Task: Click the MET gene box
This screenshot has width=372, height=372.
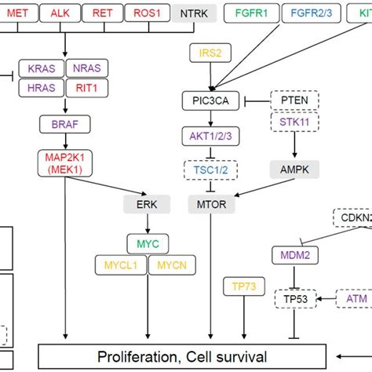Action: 17,13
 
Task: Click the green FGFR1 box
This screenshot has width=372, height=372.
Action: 255,13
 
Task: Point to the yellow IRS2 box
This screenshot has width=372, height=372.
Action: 209,53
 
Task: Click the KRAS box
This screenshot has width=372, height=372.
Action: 41,69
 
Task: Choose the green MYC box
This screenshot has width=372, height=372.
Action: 147,243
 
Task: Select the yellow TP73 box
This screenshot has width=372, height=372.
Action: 243,286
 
